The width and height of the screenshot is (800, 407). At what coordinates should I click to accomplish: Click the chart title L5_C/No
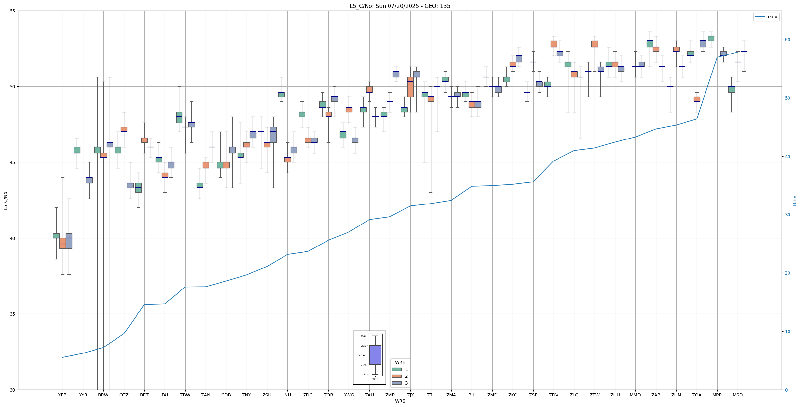tap(400, 6)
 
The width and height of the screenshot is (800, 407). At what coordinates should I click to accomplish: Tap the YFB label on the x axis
tap(62, 395)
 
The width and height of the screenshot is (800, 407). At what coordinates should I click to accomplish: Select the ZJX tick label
tap(410, 395)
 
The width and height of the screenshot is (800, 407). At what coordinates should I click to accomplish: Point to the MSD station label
tap(738, 395)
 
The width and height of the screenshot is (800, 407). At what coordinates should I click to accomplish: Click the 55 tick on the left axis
tap(13, 11)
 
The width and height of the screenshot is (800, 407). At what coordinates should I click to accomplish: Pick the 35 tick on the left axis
tap(13, 314)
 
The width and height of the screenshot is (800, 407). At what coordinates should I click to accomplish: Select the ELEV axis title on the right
tap(794, 201)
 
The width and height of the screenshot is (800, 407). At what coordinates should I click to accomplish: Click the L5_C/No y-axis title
tap(5, 201)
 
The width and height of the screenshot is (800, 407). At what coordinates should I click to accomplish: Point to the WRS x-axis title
tap(400, 401)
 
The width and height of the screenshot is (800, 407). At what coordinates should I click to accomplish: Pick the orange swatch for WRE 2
tap(397, 376)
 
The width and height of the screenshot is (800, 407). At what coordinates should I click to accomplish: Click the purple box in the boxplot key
tap(375, 355)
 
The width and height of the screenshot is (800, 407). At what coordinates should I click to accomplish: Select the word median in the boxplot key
tap(361, 355)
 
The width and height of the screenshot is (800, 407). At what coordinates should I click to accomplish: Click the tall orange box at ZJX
tap(410, 87)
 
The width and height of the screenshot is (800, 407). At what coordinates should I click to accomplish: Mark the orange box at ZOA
tap(697, 99)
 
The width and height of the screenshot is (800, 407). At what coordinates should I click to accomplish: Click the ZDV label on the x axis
tap(554, 395)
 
